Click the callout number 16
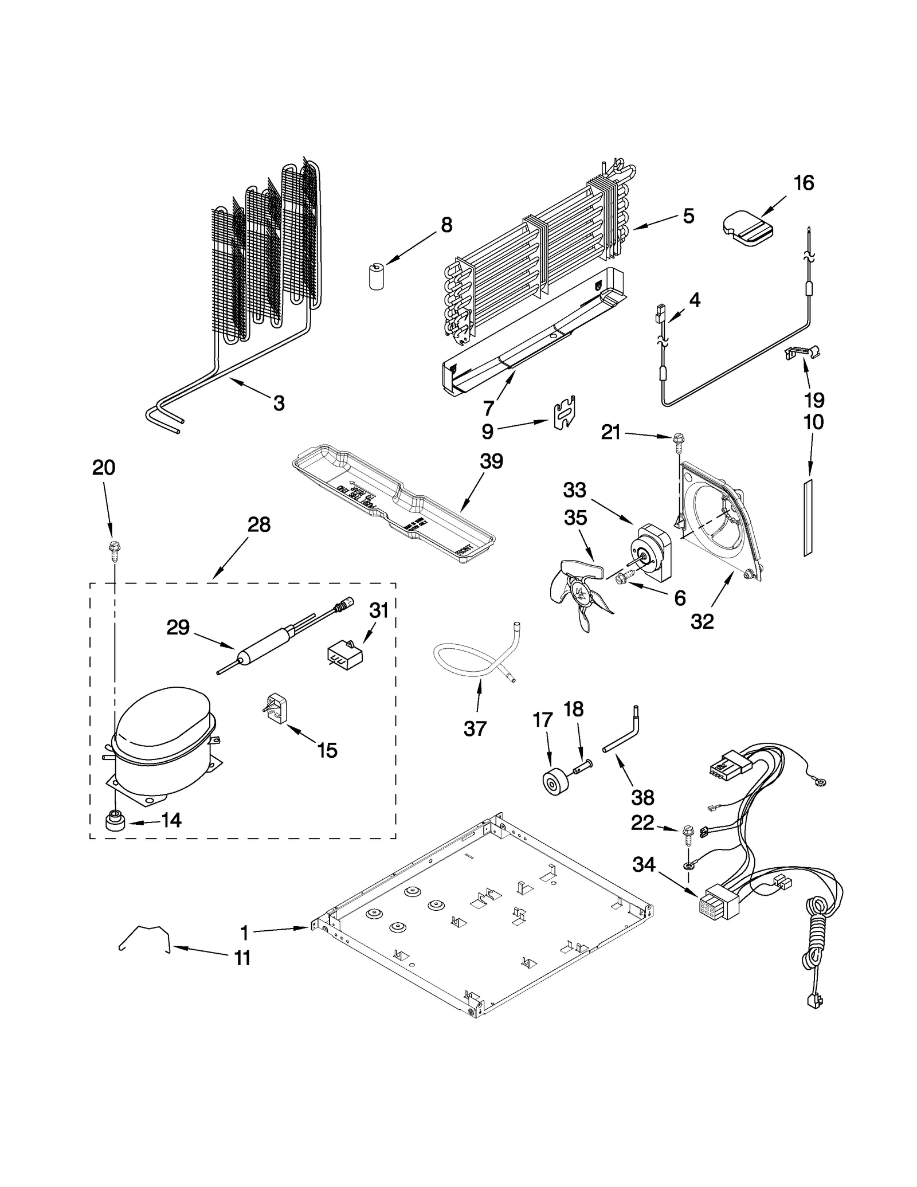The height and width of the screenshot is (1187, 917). pyautogui.click(x=804, y=183)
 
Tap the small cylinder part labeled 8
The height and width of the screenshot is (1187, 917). pyautogui.click(x=375, y=276)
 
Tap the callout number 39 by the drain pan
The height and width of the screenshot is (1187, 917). pyautogui.click(x=491, y=461)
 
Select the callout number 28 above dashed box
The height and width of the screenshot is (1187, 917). pyautogui.click(x=258, y=524)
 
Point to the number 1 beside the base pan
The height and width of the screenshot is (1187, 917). pyautogui.click(x=245, y=933)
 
